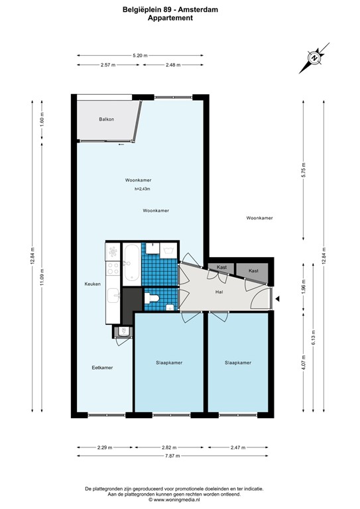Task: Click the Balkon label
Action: point(107,119)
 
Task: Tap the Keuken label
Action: point(93,284)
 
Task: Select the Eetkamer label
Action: point(102,367)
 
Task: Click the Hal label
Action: point(219,292)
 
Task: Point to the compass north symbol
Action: point(314,58)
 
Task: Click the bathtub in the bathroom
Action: point(131,262)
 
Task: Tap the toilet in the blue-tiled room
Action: point(152,298)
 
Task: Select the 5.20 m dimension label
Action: point(140,56)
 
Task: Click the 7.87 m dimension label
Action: point(172,456)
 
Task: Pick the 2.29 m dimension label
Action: point(105,447)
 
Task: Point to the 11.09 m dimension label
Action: point(42,278)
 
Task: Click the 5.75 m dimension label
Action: point(304,169)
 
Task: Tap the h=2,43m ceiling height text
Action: point(142,189)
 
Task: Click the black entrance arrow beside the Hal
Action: point(277,299)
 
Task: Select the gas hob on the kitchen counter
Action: point(113,268)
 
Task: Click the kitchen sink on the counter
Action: point(113,296)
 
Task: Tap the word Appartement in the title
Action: point(170,18)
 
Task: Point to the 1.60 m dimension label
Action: point(42,119)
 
